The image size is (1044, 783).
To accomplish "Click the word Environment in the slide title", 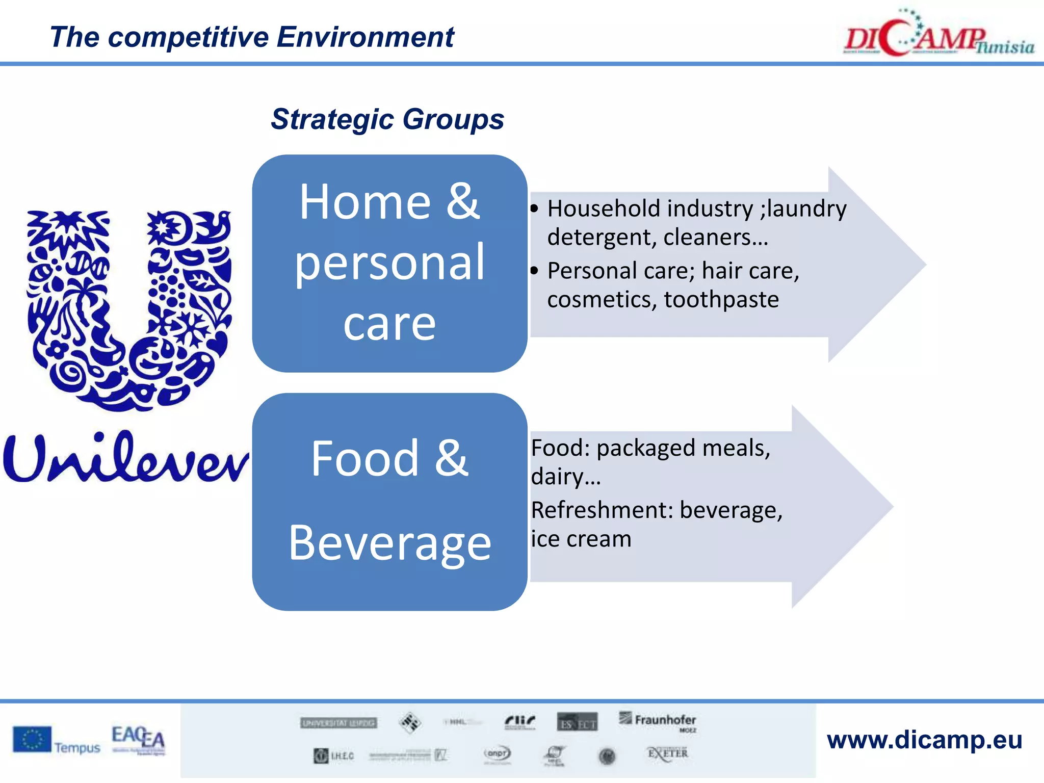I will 365,38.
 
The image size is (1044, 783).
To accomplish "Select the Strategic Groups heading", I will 387,120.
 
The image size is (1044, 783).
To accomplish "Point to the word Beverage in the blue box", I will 389,543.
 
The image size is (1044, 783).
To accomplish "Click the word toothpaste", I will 721,300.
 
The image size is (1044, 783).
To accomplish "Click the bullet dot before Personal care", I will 534,271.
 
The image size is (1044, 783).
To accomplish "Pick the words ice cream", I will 581,539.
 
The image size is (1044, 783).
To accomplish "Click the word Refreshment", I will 602,510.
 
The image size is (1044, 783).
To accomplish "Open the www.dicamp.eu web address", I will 924,740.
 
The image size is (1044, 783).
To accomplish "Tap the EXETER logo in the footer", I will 667,754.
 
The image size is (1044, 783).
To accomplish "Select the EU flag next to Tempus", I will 32,740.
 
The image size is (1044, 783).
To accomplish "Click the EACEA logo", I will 138,739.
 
